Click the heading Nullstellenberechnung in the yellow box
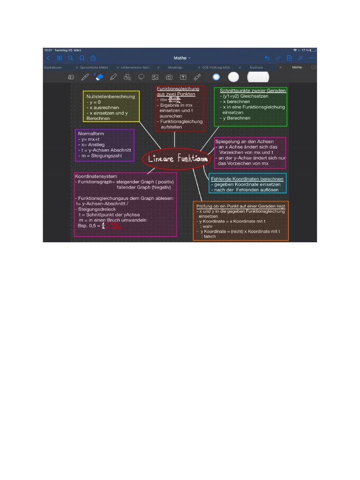pos(110,97)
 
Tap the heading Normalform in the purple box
pos(91,134)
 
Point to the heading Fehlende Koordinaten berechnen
pos(247,179)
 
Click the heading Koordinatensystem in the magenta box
pos(96,176)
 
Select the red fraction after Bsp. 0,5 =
pos(106,225)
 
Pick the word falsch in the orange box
pos(209,237)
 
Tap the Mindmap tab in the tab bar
pos(174,67)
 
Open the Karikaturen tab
pos(53,67)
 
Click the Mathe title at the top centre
pos(181,58)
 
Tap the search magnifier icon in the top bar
pos(70,58)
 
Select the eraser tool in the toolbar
pos(99,76)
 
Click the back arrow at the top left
pos(48,58)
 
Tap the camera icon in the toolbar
pos(169,77)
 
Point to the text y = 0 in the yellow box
pos(93,102)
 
